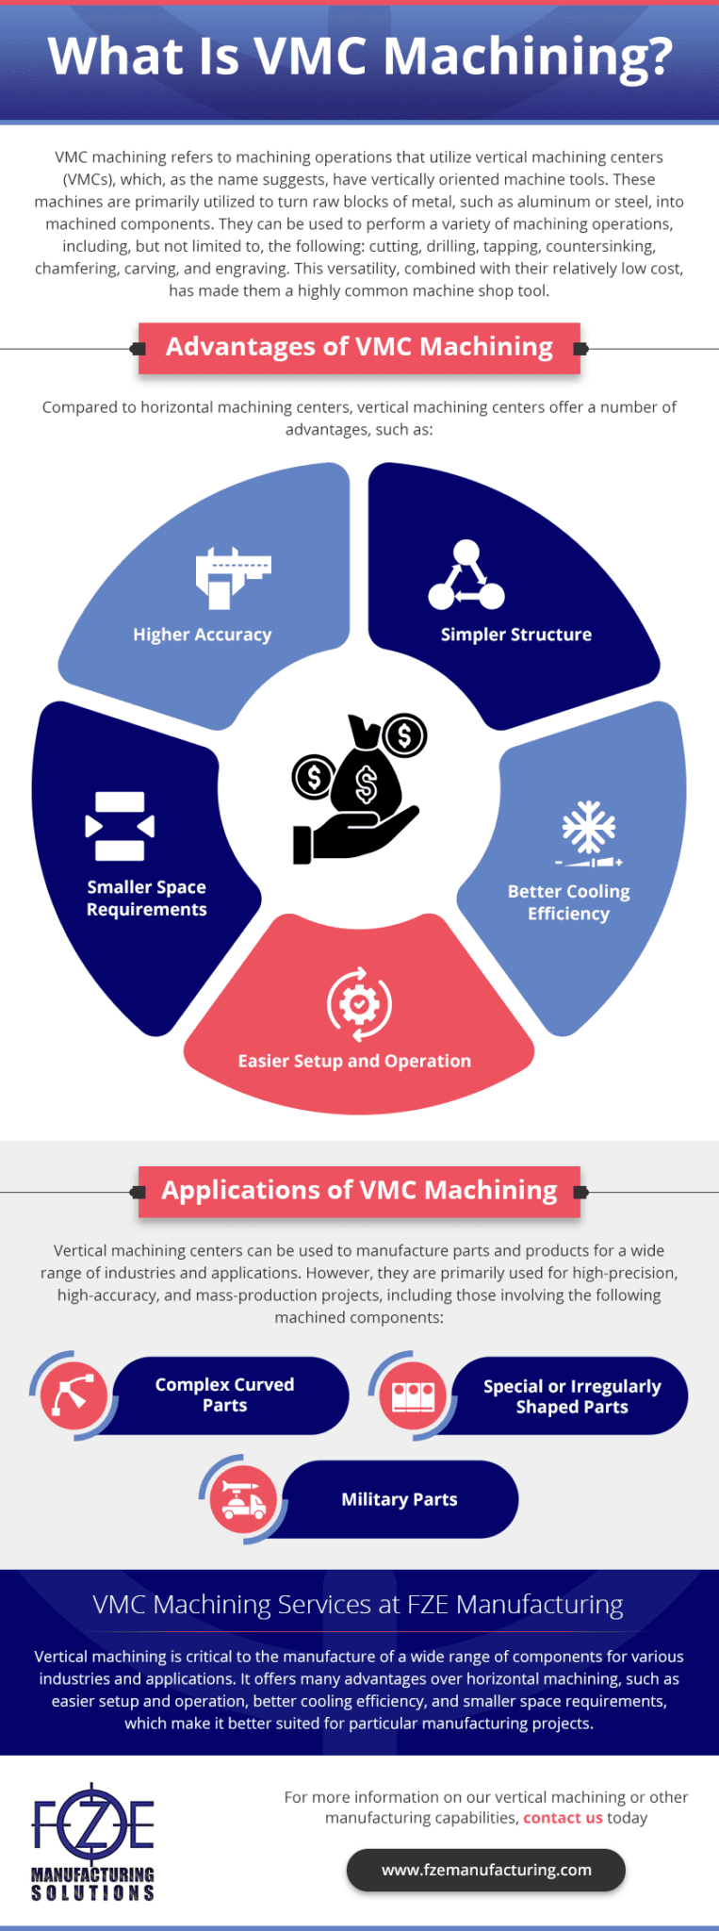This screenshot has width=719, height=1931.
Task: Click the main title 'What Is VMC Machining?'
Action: (x=359, y=57)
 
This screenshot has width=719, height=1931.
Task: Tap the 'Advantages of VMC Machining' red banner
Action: (x=359, y=347)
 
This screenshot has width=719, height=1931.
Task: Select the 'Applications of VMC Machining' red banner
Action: (x=359, y=1190)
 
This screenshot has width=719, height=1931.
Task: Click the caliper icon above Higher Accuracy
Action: (x=233, y=576)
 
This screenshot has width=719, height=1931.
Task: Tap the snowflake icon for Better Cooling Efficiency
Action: (x=589, y=833)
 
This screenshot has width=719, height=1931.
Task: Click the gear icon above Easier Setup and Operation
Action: (x=359, y=1004)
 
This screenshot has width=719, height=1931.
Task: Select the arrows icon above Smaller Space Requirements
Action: (x=120, y=826)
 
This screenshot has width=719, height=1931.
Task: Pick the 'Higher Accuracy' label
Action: (x=202, y=635)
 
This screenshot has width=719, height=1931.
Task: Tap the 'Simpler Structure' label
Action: (x=515, y=635)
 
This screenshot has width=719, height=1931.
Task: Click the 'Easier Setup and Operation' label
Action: (x=354, y=1061)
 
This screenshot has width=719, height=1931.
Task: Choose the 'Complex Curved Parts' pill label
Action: (x=224, y=1395)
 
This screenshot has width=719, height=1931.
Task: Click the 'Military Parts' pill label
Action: (x=399, y=1499)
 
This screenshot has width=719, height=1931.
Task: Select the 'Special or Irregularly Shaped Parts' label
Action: (x=572, y=1396)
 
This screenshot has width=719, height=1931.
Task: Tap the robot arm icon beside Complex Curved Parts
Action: (x=74, y=1395)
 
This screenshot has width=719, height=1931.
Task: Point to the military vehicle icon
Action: (x=243, y=1499)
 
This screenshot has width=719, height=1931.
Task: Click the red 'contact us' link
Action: (x=563, y=1818)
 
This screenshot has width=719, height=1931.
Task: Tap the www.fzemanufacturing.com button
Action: (x=486, y=1870)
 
